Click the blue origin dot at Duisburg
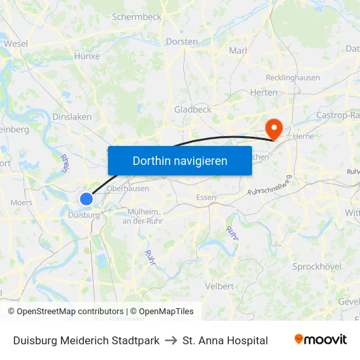[86, 198]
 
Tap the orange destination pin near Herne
[272, 128]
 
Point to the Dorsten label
[182, 41]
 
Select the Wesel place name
[16, 43]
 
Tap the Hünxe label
[87, 56]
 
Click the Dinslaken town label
[71, 117]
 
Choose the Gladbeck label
[192, 109]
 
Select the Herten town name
[264, 92]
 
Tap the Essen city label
[206, 197]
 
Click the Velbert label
[219, 286]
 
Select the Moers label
[22, 203]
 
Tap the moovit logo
[320, 340]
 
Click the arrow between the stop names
[171, 340]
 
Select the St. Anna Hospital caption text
[225, 340]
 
